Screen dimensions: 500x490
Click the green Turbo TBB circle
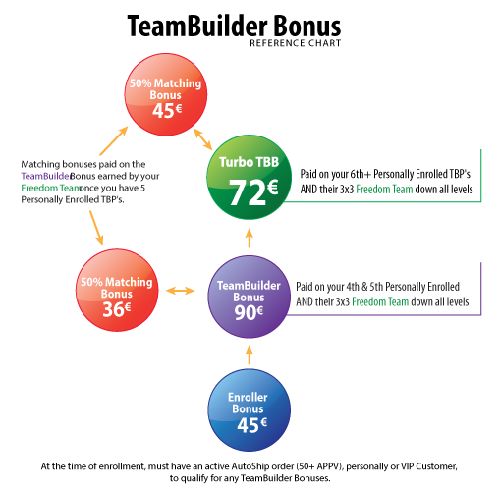pos(250,177)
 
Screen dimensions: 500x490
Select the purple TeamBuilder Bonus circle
pos(250,297)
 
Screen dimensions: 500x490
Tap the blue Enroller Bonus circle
pos(250,410)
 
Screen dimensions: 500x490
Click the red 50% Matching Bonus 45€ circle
pos(166,94)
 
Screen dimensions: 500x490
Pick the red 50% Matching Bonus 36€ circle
pos(117,290)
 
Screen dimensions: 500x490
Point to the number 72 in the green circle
pos(248,192)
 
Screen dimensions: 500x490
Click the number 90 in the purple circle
pos(245,312)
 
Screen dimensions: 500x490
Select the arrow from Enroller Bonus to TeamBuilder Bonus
pos(250,354)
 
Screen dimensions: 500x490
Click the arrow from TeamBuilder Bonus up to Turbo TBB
pos(250,238)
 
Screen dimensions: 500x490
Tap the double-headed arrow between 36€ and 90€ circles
pos(180,291)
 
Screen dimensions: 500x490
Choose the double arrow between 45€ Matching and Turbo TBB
pos(203,139)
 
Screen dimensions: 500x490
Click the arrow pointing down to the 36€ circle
pos(96,228)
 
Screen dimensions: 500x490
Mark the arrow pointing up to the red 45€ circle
pos(114,140)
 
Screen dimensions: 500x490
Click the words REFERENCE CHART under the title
pos(296,43)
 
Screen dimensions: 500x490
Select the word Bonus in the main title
pos(306,27)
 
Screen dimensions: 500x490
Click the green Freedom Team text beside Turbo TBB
pos(384,190)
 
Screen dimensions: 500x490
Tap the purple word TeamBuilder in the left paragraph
pos(45,176)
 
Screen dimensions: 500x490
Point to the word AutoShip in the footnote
pos(250,466)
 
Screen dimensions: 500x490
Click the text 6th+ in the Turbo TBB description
pos(361,174)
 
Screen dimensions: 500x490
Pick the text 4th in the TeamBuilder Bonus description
pos(353,287)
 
